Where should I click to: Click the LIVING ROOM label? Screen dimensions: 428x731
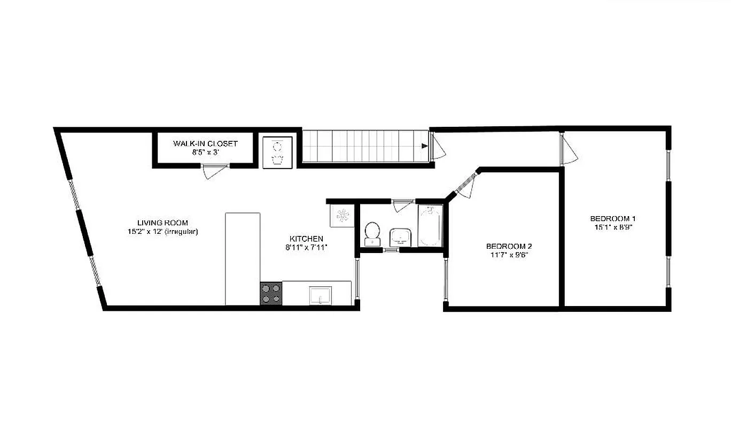[162, 223]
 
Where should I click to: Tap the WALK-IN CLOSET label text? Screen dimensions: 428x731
[205, 143]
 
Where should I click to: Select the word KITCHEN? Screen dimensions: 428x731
[306, 239]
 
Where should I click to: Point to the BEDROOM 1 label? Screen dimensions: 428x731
[612, 218]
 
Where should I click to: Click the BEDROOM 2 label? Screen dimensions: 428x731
[509, 246]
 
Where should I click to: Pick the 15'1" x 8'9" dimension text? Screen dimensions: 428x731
[612, 227]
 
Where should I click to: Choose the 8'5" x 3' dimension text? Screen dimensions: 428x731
[206, 152]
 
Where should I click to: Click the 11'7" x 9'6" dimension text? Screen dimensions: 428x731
[509, 255]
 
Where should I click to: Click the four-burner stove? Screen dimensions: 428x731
[271, 294]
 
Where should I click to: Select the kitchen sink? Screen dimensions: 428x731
[320, 295]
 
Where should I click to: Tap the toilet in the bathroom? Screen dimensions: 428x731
[372, 233]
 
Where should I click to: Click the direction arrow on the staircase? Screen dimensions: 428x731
[424, 146]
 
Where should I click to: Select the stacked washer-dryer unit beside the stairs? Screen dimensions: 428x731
[277, 152]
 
